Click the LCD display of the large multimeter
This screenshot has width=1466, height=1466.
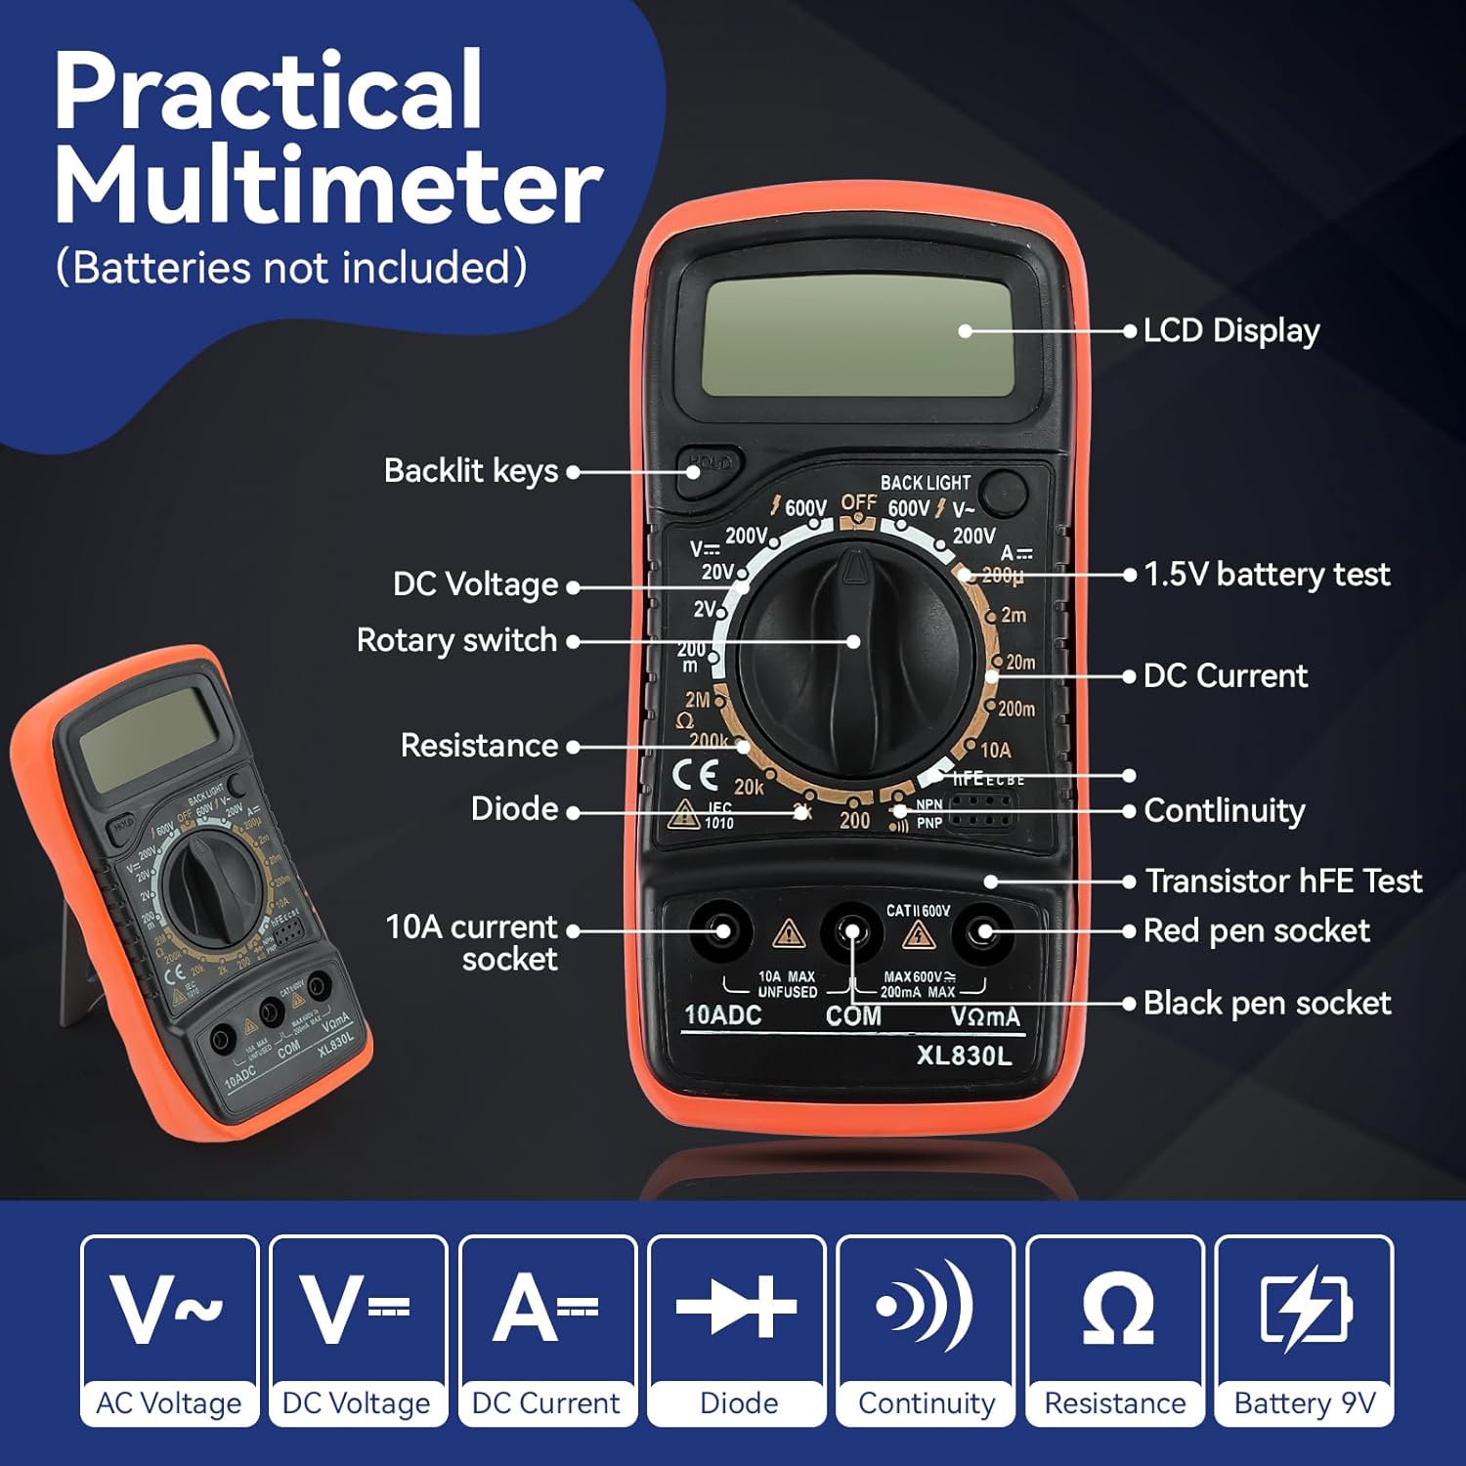point(857,337)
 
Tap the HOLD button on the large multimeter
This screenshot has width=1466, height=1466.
point(709,464)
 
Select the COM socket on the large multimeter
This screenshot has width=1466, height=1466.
point(852,931)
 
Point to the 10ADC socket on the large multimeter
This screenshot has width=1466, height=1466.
point(722,931)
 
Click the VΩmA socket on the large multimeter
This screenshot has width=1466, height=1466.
point(983,931)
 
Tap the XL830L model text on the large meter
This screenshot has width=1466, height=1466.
point(964,1056)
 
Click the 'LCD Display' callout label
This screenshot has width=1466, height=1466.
point(1231,331)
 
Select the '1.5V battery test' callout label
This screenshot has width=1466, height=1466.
point(1267,575)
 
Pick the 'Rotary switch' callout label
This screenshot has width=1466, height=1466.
point(456,641)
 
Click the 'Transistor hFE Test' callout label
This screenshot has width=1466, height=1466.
point(1283,882)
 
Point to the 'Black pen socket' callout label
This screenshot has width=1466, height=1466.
point(1267,1004)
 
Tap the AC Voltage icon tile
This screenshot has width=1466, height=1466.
point(169,1329)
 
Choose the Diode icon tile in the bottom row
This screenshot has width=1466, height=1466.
point(738,1329)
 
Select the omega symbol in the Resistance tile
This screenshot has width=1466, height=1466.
point(1117,1310)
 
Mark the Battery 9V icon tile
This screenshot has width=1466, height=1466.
point(1305,1329)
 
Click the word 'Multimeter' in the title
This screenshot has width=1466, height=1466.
point(327,186)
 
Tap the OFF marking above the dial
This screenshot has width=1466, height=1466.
point(858,503)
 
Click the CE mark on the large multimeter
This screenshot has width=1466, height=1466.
point(696,776)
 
